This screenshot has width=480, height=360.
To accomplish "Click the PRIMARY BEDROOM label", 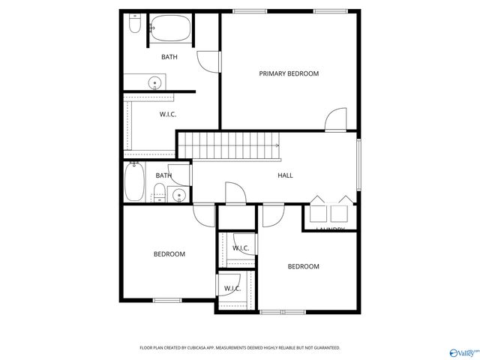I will [289, 73].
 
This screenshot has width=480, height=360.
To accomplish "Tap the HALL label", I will [285, 175].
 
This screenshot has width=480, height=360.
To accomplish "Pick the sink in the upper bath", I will [155, 82].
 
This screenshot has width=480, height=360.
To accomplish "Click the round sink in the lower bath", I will [178, 196].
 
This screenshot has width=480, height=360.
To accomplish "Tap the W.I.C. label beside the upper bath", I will [167, 114].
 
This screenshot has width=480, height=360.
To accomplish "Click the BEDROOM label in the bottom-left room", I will [169, 254].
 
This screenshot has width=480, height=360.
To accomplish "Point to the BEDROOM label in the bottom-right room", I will [303, 266].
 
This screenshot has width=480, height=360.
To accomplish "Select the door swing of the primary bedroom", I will [336, 120].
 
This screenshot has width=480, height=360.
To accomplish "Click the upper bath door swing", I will [208, 61].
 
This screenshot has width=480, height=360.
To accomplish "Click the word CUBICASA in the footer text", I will [196, 348].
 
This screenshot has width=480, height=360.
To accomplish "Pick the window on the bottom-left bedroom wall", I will [167, 301].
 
